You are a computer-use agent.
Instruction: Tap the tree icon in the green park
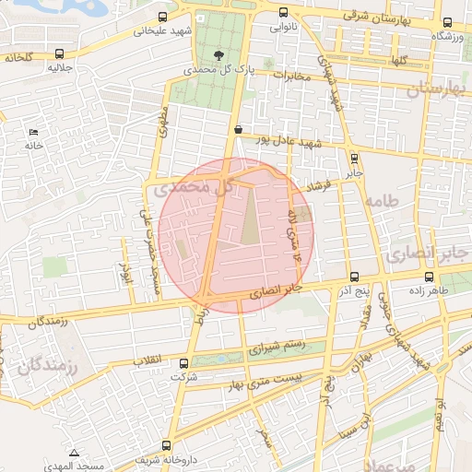[218, 54]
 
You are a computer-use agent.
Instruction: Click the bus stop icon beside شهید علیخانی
[163, 18]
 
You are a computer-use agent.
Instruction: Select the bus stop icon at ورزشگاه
[446, 23]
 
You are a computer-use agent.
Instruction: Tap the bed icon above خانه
[34, 132]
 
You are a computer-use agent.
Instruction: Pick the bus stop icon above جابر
[355, 159]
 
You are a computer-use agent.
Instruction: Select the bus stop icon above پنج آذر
[354, 277]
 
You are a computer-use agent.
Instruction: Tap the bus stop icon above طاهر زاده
[429, 277]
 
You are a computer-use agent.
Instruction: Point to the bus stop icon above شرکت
[183, 363]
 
